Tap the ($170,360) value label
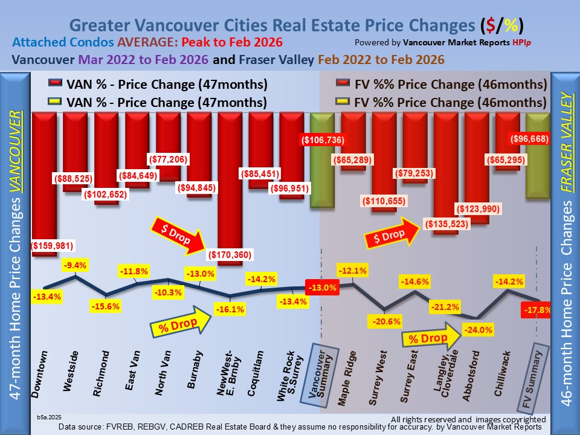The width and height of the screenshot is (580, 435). (230, 254)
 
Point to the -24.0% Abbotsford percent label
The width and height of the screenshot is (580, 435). (477, 330)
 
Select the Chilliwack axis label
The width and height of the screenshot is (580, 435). (503, 375)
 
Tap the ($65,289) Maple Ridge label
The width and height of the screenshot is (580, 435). (353, 161)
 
